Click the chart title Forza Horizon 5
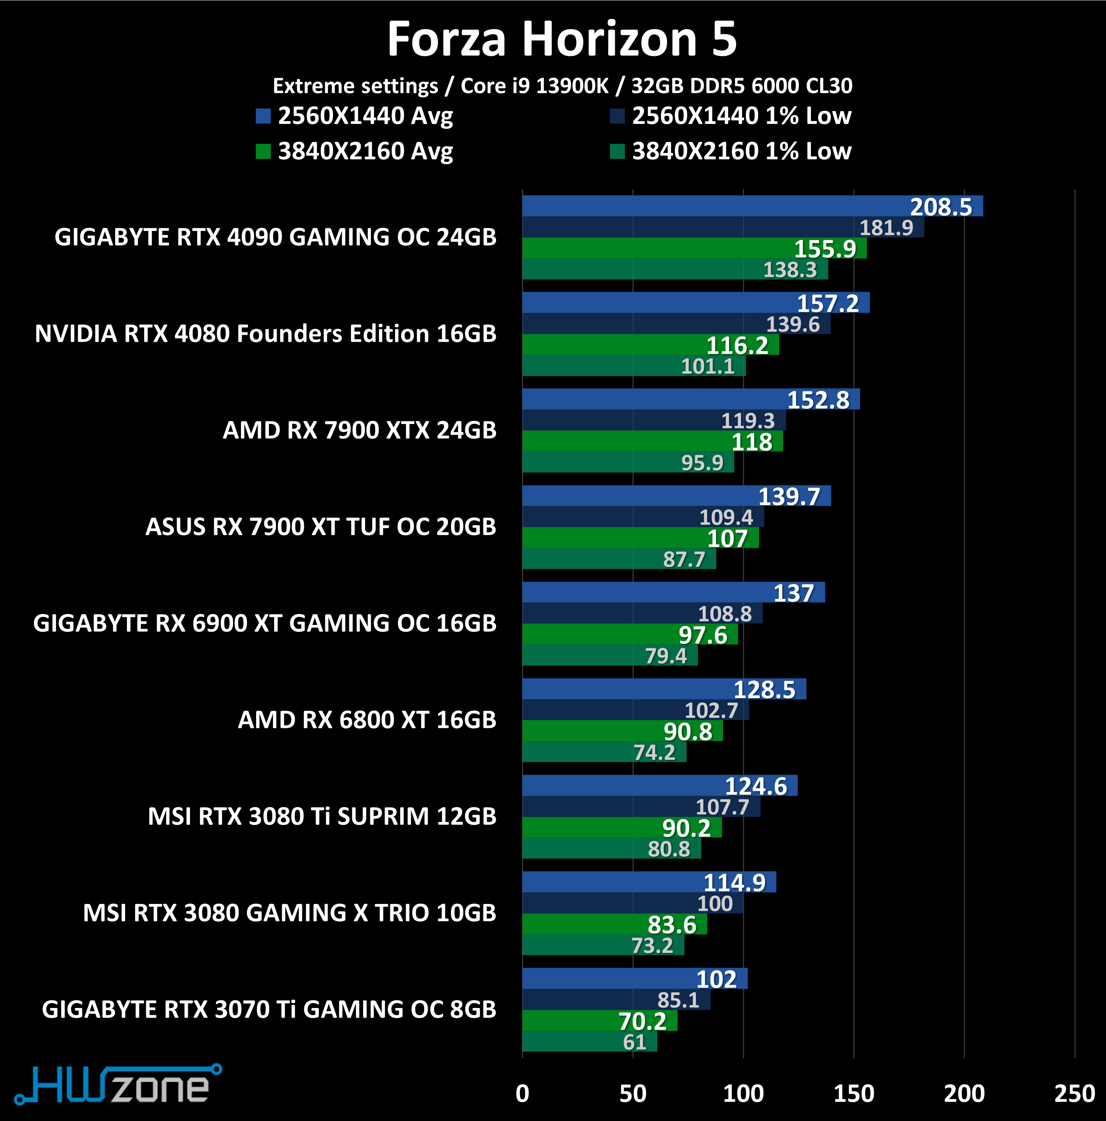coord(562,39)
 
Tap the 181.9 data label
coord(886,228)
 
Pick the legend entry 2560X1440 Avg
coord(355,116)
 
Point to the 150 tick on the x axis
coord(854,1093)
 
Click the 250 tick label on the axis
coord(1074,1093)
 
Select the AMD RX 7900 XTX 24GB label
coord(359,430)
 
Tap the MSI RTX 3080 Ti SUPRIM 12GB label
coord(322,816)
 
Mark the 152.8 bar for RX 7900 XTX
coord(691,399)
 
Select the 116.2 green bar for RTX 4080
coord(650,345)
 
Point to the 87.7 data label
coord(684,559)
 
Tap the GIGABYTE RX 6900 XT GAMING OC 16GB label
coord(265,623)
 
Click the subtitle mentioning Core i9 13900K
coord(562,86)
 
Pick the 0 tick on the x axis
coord(522,1093)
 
